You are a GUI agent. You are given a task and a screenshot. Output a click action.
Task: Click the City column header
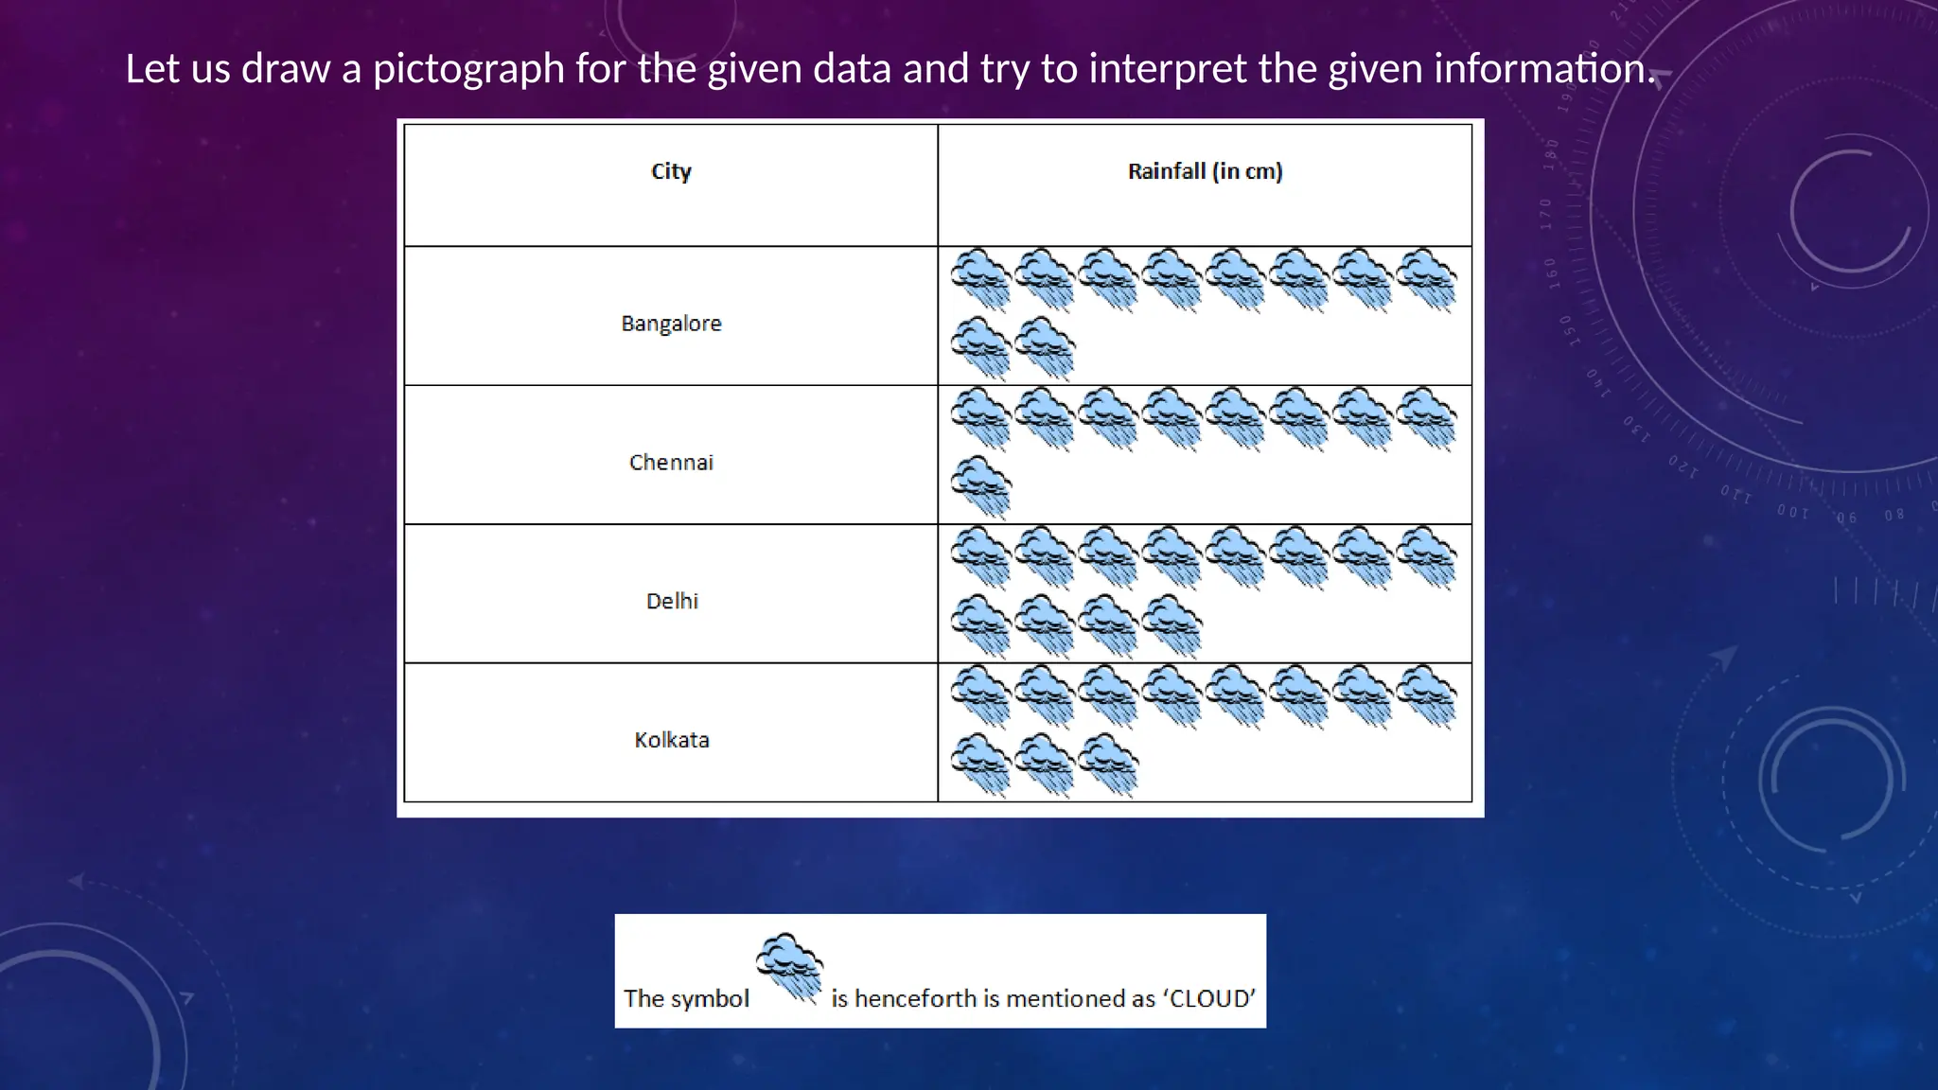(671, 171)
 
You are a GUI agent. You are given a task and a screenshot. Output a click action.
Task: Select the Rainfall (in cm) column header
(1205, 171)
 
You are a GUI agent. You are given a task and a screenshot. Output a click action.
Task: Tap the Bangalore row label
(671, 324)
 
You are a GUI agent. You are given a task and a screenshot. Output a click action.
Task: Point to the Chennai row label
(671, 463)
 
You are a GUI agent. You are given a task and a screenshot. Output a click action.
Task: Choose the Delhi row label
(672, 601)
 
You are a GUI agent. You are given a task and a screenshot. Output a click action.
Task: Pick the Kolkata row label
(671, 740)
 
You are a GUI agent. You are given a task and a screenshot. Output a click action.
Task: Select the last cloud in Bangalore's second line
(1045, 347)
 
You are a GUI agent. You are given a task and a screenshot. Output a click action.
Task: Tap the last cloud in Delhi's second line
(1172, 624)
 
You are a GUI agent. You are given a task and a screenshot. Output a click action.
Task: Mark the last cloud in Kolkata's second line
(1108, 764)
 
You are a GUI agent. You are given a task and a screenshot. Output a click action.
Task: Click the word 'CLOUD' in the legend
(1212, 999)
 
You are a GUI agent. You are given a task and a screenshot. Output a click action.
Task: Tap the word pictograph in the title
(468, 69)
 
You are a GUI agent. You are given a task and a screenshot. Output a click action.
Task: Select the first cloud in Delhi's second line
(981, 624)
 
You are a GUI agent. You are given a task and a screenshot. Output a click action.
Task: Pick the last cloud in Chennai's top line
(1426, 417)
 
